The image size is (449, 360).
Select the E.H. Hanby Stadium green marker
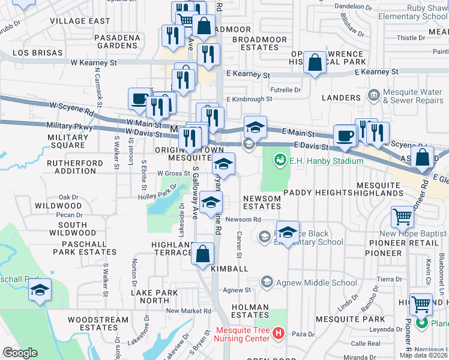(279, 160)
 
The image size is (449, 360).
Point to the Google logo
(20, 352)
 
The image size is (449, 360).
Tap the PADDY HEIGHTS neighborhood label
(317, 193)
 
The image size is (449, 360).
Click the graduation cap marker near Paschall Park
(40, 290)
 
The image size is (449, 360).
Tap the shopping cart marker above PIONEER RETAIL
(402, 217)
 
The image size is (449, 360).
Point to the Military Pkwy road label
(70, 127)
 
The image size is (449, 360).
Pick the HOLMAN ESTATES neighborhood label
(250, 311)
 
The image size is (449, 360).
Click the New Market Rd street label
(188, 311)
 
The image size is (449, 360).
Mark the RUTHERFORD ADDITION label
(71, 167)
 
